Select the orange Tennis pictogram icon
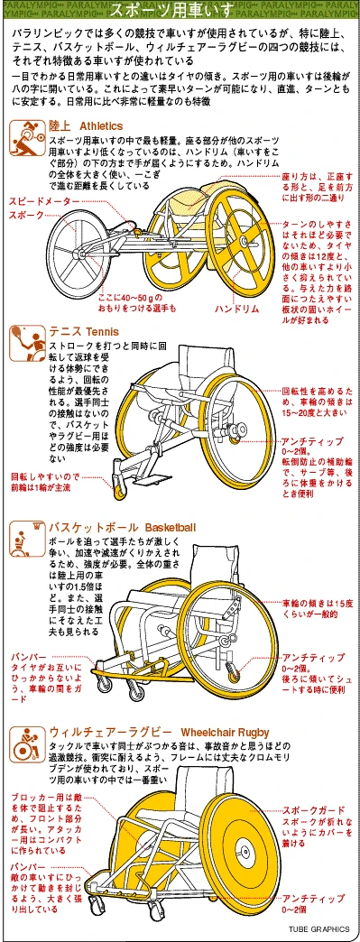click(x=26, y=340)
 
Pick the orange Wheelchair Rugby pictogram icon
click(x=26, y=745)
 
